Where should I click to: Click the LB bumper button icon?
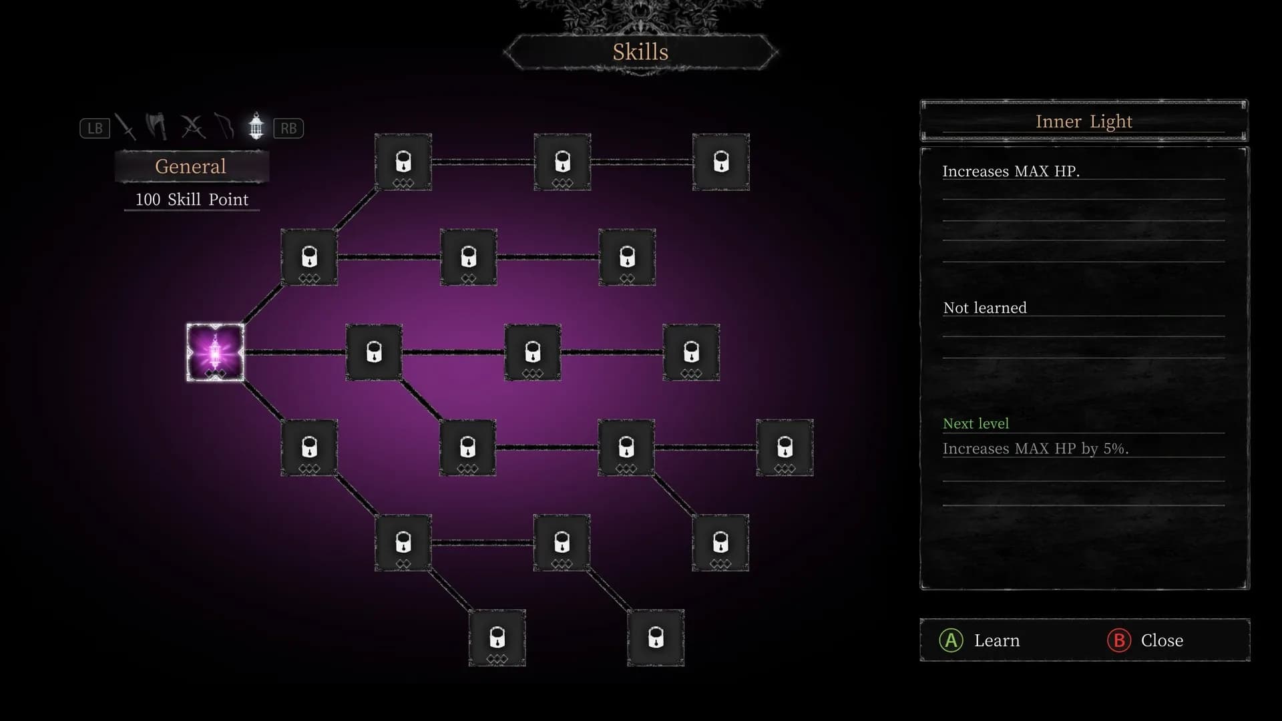95,128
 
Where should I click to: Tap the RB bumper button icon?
288,128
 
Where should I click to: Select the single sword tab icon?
126,127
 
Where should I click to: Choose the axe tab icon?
158,126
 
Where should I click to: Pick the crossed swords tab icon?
192,127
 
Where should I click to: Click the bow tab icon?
224,126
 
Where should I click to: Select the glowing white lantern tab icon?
256,126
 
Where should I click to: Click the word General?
190,166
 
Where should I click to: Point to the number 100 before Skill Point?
148,200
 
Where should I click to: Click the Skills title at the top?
640,52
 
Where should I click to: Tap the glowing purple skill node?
215,352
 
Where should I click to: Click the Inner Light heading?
1084,122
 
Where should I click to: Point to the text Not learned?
985,308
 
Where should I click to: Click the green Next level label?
976,424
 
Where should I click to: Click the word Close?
1162,641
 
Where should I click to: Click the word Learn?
997,641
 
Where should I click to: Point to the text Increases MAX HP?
1011,172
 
